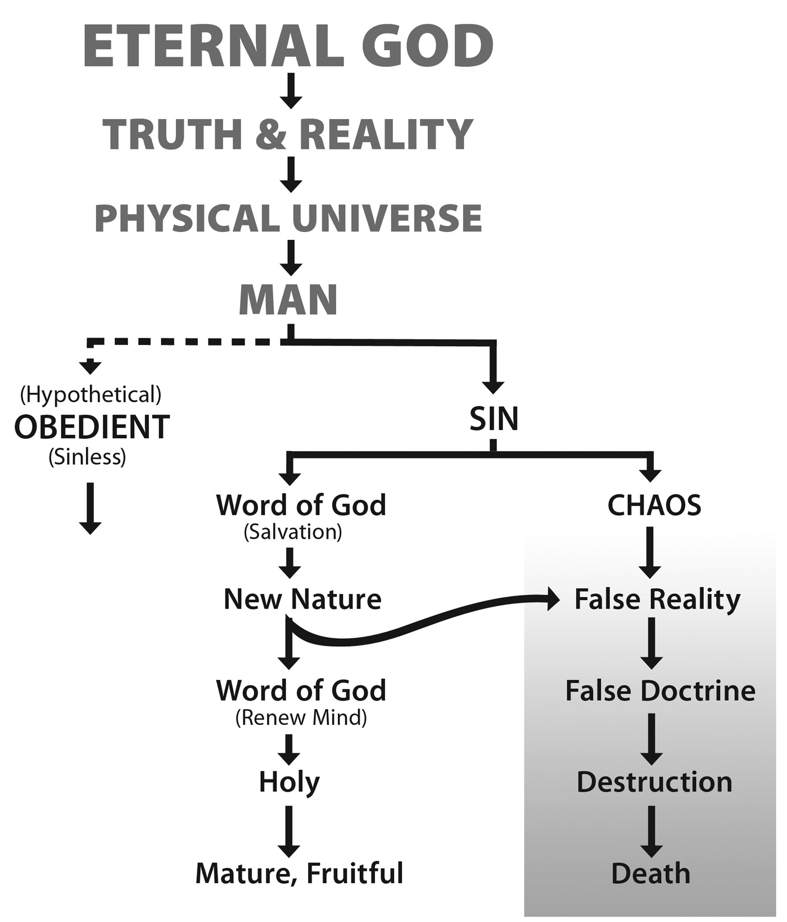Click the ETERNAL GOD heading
pyautogui.click(x=288, y=47)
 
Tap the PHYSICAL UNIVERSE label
pyautogui.click(x=288, y=218)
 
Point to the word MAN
pyautogui.click(x=288, y=300)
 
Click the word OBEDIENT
pyautogui.click(x=92, y=427)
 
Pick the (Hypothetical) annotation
pyautogui.click(x=91, y=395)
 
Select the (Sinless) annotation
pyautogui.click(x=87, y=457)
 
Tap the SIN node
pyautogui.click(x=494, y=419)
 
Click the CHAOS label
pyautogui.click(x=654, y=506)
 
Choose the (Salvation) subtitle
pyautogui.click(x=293, y=532)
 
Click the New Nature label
pyautogui.click(x=302, y=599)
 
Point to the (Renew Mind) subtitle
pyautogui.click(x=301, y=717)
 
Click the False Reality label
pyautogui.click(x=657, y=599)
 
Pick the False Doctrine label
pyautogui.click(x=660, y=691)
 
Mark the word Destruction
pyautogui.click(x=654, y=782)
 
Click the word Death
pyautogui.click(x=651, y=874)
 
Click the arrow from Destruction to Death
pyautogui.click(x=651, y=831)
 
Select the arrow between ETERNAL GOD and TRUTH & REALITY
pyautogui.click(x=291, y=91)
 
